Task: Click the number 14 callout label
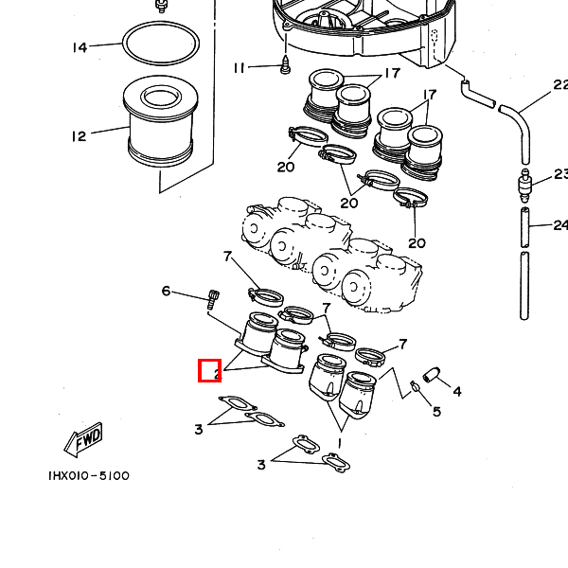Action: point(80,47)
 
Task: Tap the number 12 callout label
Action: point(79,136)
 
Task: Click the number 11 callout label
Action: point(240,68)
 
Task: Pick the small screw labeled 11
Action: point(285,65)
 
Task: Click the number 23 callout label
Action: point(559,174)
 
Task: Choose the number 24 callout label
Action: point(559,225)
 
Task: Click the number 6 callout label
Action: point(166,291)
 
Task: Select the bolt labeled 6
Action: point(212,301)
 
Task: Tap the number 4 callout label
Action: point(456,391)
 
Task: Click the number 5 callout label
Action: point(436,412)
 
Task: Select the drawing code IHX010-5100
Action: point(89,476)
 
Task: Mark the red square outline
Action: point(209,370)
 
